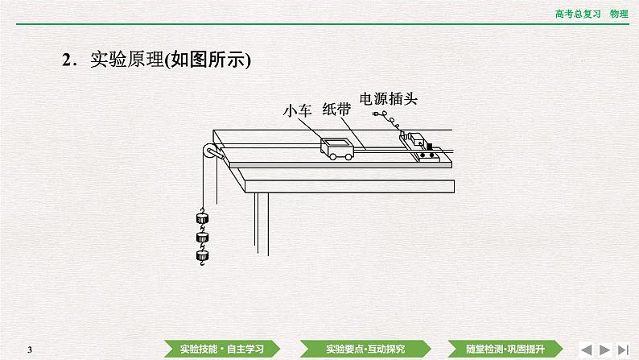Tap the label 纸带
[337, 110]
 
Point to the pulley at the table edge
[209, 151]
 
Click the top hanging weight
[202, 218]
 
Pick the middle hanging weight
[202, 238]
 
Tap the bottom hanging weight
[202, 257]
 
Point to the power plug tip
[377, 117]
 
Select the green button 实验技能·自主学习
[220, 348]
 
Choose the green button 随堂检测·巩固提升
[500, 348]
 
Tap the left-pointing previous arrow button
[587, 348]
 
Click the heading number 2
[67, 59]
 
